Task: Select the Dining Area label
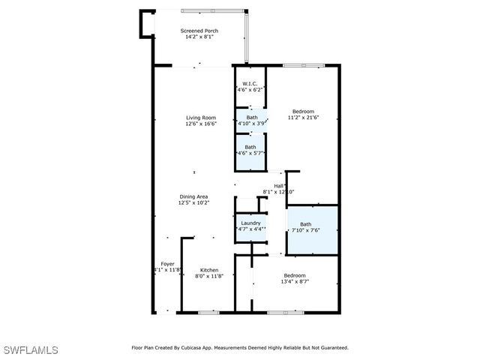pos(193,196)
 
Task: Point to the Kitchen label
pos(209,270)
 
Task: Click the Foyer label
pos(167,264)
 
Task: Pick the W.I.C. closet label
pos(250,84)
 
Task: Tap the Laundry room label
pos(250,223)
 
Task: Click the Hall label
pos(278,186)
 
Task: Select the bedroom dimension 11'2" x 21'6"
pos(304,118)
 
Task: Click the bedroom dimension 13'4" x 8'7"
pos(295,282)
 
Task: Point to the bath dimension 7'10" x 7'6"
pos(306,230)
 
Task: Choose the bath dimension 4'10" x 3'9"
pos(252,124)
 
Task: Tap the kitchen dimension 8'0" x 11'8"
pos(209,276)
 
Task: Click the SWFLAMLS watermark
pos(31,350)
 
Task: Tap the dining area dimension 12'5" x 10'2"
pos(193,202)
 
